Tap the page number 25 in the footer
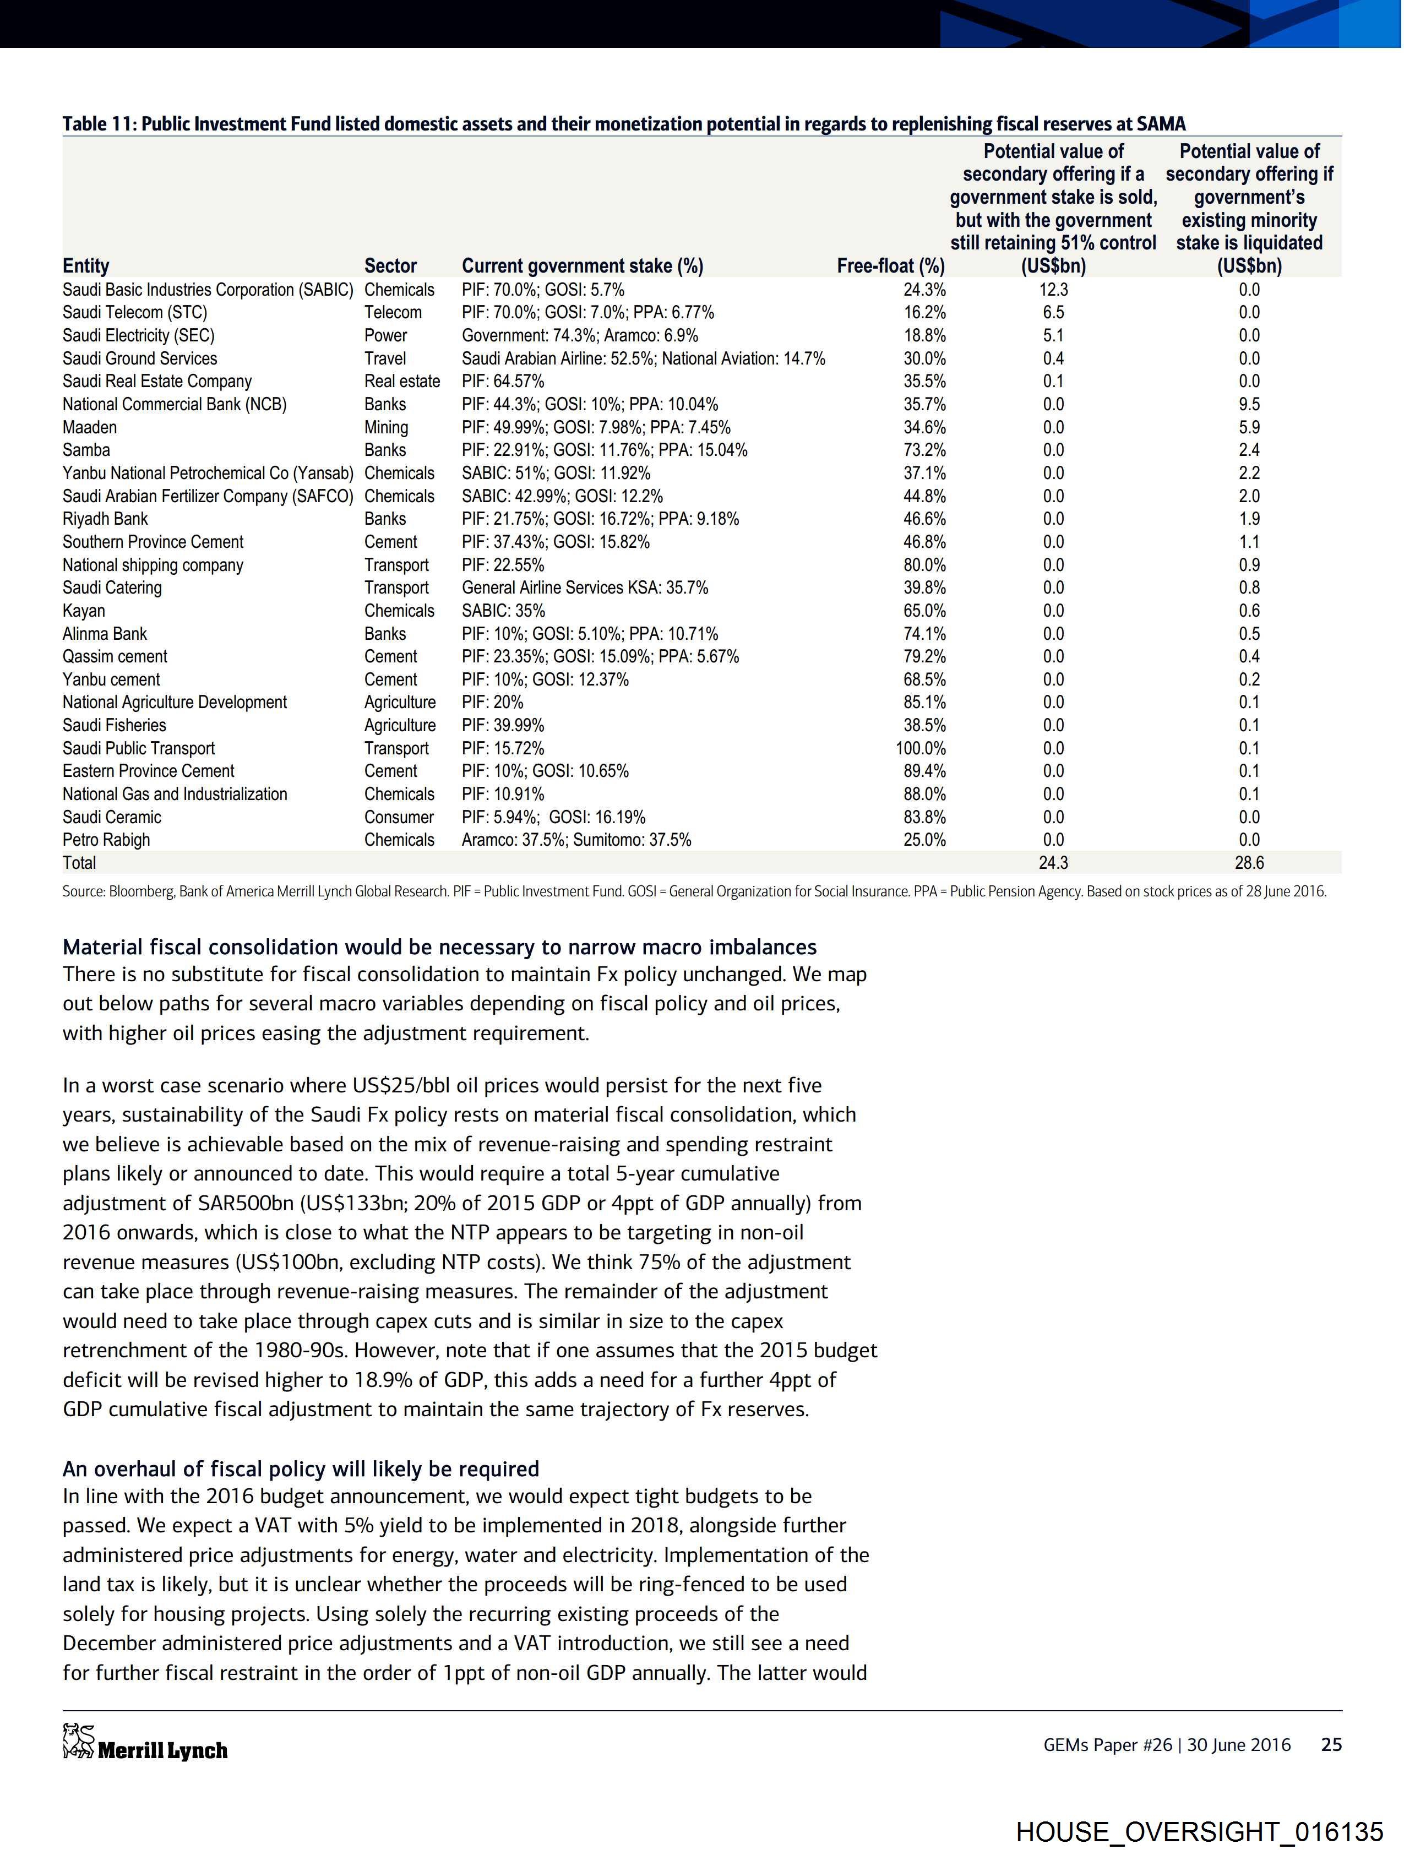(1331, 1744)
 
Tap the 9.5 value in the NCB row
(1249, 404)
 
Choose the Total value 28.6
(1249, 863)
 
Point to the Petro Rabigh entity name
(106, 840)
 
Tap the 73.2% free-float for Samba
(924, 450)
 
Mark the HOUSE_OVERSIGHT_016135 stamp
(1199, 1831)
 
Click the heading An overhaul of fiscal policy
(300, 1469)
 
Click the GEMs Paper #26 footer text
(1107, 1744)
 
